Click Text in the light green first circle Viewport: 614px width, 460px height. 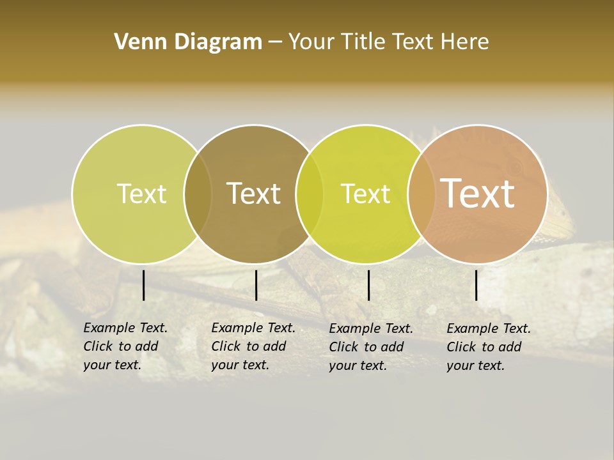141,194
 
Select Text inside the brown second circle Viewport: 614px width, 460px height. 253,194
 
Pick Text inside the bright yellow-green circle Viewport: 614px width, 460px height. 365,194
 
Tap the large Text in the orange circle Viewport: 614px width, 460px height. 478,193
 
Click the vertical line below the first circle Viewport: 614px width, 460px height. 144,285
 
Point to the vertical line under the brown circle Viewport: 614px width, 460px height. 256,285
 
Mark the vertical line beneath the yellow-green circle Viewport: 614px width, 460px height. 368,285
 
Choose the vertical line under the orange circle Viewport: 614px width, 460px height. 476,285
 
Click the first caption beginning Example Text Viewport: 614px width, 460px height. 125,346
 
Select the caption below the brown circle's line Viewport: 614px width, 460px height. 253,346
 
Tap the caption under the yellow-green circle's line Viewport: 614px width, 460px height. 371,347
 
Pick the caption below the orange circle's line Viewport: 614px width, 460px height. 489,347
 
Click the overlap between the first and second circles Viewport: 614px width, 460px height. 198,194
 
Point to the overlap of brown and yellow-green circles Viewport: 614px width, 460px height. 310,194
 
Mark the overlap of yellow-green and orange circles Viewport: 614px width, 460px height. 420,194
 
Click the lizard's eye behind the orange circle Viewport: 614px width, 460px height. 514,167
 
